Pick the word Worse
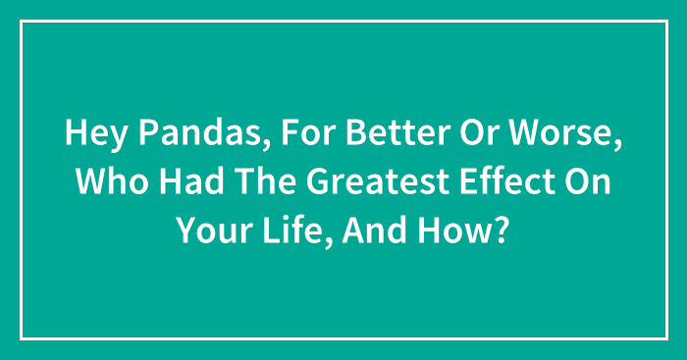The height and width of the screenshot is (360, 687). [x=544, y=135]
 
